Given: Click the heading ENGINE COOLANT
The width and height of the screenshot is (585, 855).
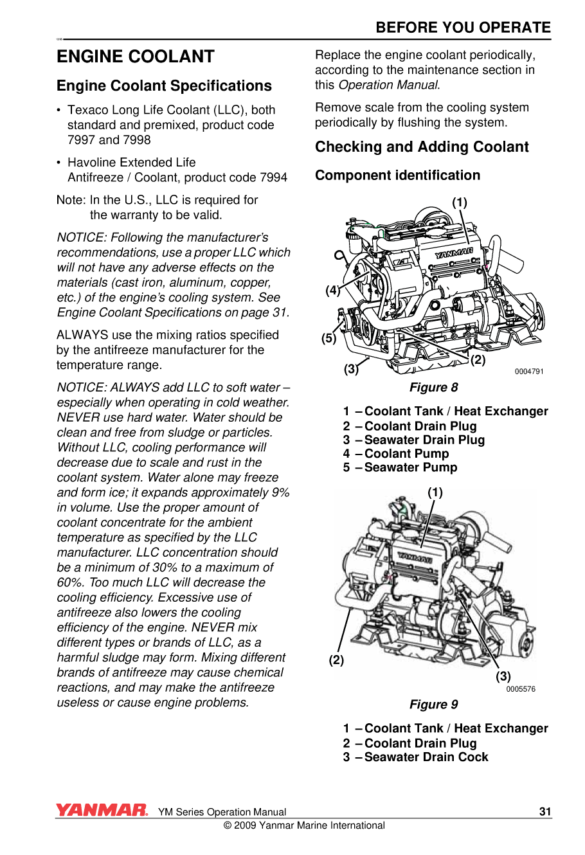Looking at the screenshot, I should click(x=135, y=57).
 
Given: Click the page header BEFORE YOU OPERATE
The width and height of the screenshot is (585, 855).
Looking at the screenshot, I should click(x=463, y=28).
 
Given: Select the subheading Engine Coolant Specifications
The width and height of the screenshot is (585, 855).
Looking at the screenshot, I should click(x=164, y=86).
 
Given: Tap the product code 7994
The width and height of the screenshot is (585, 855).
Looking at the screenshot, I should click(x=273, y=177).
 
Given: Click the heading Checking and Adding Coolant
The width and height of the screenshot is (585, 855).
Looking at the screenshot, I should click(x=422, y=147).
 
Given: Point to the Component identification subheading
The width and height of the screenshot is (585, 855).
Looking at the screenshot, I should click(x=397, y=175).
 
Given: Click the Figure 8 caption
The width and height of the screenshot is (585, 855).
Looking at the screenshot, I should click(x=434, y=388).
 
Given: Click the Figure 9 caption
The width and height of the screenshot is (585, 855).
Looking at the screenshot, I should click(x=434, y=705).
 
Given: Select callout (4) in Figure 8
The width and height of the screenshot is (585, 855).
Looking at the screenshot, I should click(x=332, y=291).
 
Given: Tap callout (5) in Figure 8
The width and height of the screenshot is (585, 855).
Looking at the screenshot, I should click(x=328, y=339).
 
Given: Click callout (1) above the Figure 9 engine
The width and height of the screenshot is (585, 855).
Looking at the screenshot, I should click(x=435, y=492).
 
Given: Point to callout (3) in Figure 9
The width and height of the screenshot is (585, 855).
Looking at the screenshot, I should click(x=503, y=676).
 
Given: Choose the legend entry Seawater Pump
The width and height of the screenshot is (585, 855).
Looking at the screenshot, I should click(x=410, y=467).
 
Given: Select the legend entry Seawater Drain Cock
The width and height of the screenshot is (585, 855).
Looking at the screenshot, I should click(x=426, y=757).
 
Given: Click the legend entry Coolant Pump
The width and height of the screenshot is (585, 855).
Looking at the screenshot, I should click(x=406, y=454).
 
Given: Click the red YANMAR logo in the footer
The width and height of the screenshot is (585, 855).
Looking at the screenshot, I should click(x=102, y=810).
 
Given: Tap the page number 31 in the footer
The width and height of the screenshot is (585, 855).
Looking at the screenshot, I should click(x=545, y=811).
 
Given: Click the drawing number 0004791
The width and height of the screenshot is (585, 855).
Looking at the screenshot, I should click(x=529, y=372).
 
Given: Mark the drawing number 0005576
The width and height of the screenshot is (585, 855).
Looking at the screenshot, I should click(x=521, y=689).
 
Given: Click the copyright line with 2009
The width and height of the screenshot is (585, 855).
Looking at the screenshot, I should click(x=304, y=825).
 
